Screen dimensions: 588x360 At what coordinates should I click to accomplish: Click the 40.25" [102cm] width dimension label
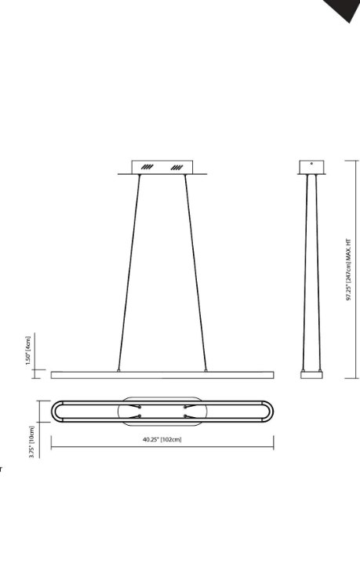click(162, 440)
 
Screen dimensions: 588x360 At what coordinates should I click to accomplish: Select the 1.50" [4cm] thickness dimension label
click(28, 345)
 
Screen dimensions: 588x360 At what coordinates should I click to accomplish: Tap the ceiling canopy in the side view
click(312, 168)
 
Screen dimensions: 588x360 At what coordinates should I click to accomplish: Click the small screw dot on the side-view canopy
click(312, 164)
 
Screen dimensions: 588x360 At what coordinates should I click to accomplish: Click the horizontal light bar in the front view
click(162, 375)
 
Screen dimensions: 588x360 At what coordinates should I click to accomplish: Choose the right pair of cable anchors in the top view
click(187, 412)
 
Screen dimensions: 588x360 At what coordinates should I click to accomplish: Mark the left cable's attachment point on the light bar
click(118, 368)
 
